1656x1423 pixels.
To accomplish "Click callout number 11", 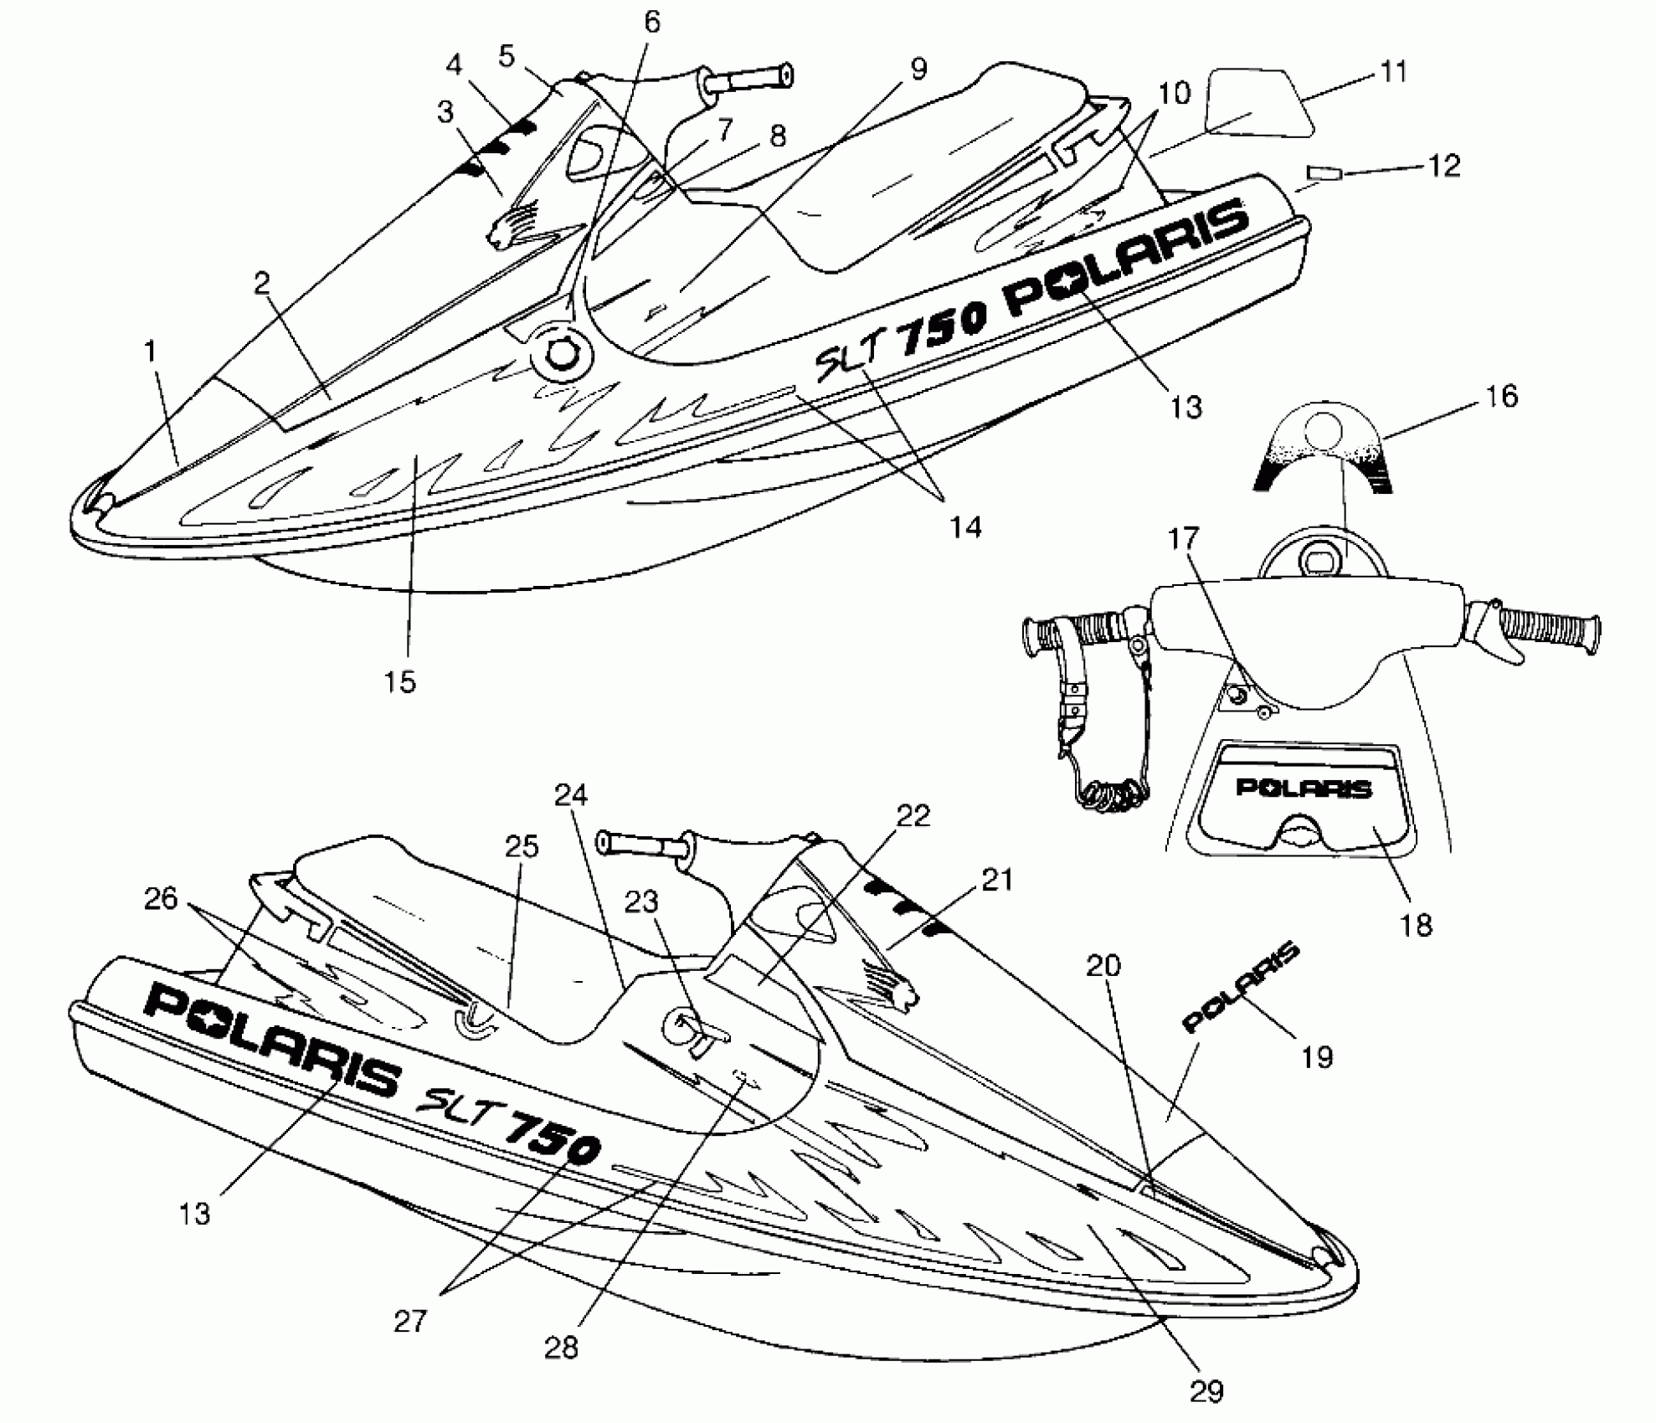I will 1393,72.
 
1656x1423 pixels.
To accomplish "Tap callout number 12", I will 1443,166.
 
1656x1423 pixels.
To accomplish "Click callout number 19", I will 1317,1057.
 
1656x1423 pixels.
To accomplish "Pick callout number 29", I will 1206,1391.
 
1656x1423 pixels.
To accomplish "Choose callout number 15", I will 400,681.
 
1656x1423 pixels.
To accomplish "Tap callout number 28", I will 561,1348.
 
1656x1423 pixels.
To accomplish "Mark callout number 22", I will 913,815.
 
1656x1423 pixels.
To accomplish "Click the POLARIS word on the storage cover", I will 1304,788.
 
